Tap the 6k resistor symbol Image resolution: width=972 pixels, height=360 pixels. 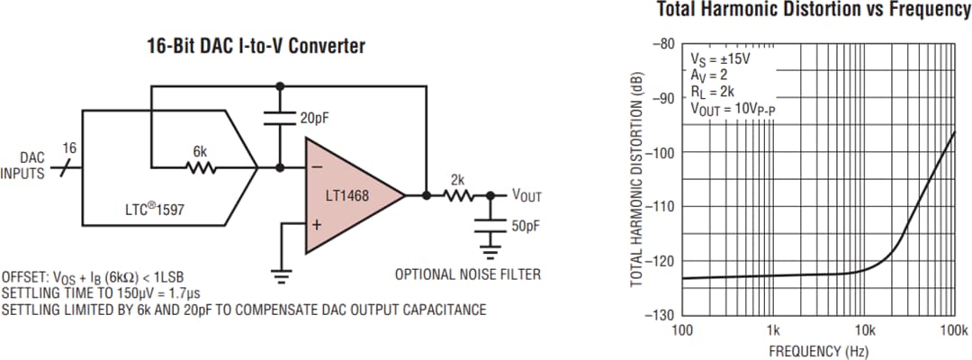click(x=200, y=166)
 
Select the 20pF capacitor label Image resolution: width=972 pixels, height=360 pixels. click(x=315, y=118)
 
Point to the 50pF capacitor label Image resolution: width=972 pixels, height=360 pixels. click(x=526, y=225)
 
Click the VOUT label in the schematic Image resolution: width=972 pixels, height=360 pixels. click(x=526, y=195)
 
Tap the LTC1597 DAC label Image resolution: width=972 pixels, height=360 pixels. click(x=156, y=209)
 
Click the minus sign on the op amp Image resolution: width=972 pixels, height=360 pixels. click(x=317, y=167)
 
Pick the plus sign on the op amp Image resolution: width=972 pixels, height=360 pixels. click(x=317, y=223)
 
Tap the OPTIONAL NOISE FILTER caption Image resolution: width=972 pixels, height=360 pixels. click(x=468, y=274)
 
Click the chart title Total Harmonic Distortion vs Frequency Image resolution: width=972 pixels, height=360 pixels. click(x=814, y=10)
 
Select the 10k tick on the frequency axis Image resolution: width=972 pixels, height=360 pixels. click(x=864, y=328)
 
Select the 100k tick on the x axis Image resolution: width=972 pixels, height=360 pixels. click(x=952, y=328)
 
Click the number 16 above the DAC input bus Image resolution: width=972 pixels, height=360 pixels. click(x=68, y=147)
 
